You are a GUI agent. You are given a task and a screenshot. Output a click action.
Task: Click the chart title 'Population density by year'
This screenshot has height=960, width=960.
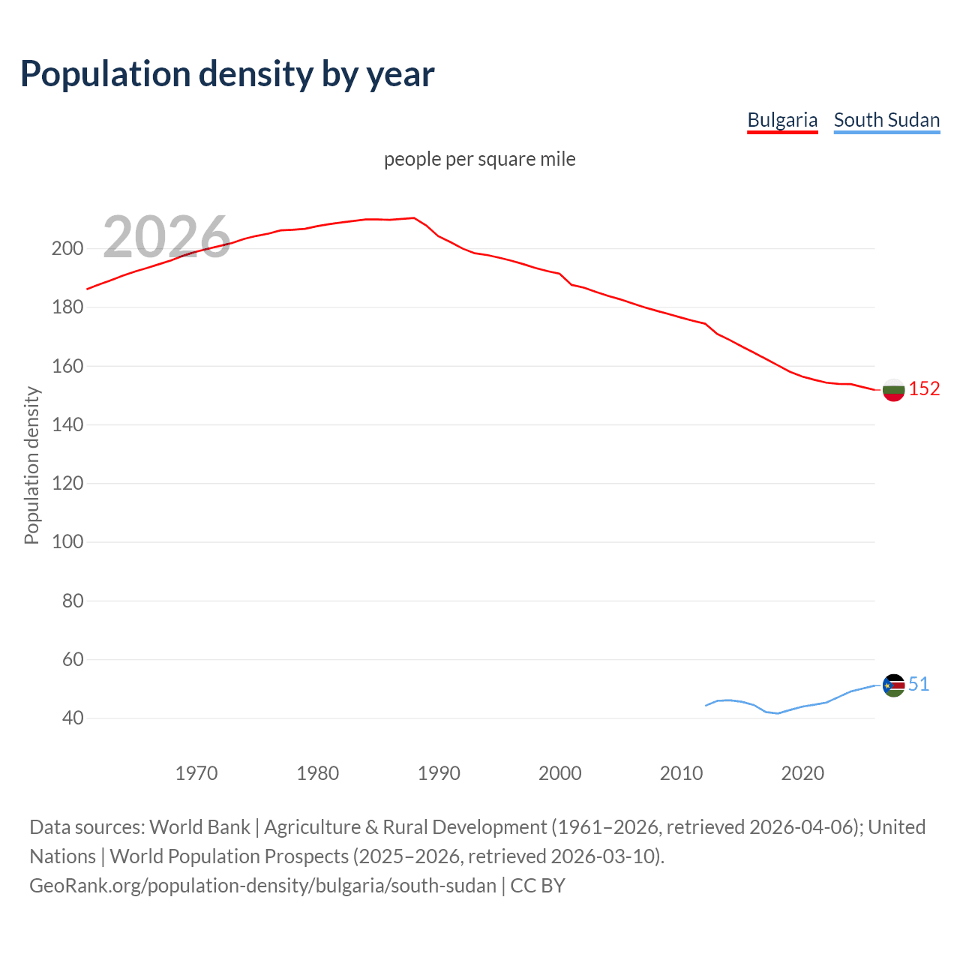coord(227,74)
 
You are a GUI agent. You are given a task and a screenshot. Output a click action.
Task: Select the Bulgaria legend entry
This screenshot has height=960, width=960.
coord(782,120)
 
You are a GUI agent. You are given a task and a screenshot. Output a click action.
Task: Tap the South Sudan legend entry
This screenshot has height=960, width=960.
coord(886,120)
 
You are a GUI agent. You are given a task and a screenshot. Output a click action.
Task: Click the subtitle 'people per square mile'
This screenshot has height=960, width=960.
coord(479,159)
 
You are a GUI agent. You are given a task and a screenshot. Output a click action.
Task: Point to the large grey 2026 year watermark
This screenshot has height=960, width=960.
coord(166,237)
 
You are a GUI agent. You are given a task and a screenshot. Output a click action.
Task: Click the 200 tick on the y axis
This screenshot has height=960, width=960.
coord(67,248)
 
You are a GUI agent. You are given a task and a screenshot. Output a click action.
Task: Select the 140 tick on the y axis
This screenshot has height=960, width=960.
coord(67,424)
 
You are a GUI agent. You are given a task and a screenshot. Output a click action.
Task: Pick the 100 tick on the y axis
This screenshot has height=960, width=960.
coord(67,541)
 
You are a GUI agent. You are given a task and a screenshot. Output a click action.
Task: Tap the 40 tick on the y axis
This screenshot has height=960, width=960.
coord(72,718)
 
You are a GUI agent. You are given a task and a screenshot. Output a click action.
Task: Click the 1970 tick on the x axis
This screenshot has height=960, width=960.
coord(196,773)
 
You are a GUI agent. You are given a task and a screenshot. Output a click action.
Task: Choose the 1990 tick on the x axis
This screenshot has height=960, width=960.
coord(439,773)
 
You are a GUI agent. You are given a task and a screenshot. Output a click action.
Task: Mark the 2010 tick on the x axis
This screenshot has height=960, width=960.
coord(681,773)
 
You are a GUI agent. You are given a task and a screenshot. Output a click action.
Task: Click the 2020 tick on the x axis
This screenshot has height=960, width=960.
coord(802,773)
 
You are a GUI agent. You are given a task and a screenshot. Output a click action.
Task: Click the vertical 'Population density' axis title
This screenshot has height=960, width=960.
coord(31,465)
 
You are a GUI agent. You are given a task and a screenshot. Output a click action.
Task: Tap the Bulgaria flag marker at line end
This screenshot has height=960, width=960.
coord(893,389)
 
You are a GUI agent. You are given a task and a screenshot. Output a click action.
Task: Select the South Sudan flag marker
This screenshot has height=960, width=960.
coord(893,685)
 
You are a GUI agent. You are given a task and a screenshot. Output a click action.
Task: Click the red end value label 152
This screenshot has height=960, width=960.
coord(924,388)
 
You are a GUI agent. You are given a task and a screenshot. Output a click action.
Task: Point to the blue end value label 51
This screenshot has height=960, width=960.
coord(919,684)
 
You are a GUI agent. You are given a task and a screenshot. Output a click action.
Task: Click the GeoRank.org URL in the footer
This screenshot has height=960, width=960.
coord(262,886)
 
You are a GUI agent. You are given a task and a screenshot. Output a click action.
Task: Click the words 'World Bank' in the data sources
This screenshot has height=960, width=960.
coord(199,827)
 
